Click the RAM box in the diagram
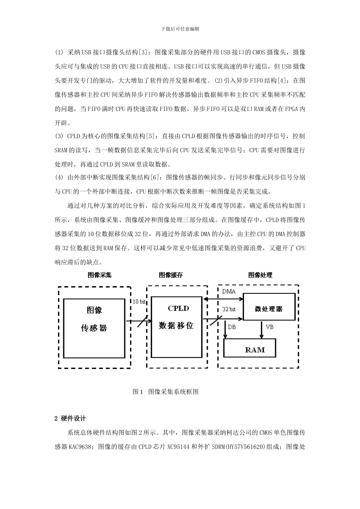coord(250,348)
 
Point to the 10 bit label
coord(139,301)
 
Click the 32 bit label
coord(229,309)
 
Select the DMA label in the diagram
coord(229,291)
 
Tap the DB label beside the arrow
coord(232,327)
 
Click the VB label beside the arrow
coord(270,327)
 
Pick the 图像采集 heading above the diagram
coord(100,275)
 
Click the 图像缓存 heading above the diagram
coord(171,275)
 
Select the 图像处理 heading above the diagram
coord(260,275)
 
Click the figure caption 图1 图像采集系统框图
coord(166,392)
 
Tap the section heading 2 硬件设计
coord(70,418)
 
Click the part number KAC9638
coord(80,447)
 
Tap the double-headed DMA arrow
coord(222,299)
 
